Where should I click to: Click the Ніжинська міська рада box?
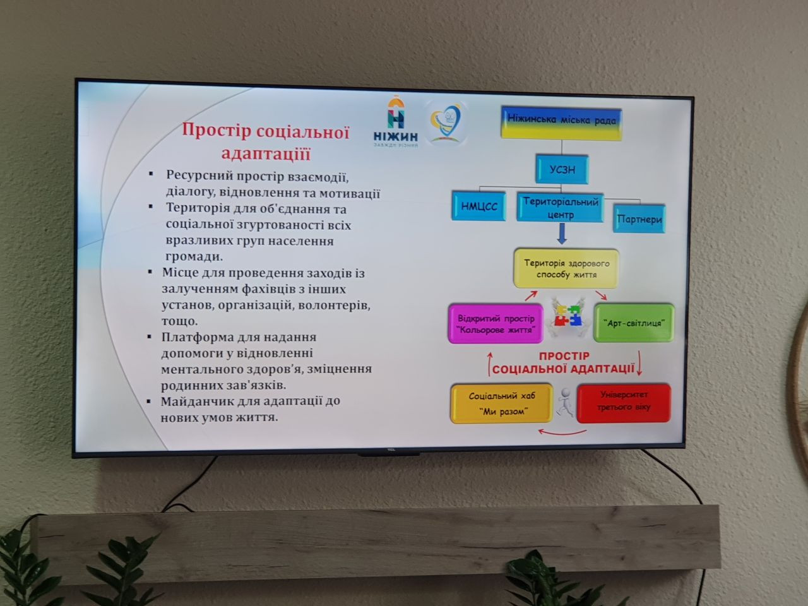561,122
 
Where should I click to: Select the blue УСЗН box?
562,169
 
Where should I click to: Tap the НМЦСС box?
479,206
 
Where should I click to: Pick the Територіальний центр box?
560,208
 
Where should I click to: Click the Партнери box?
639,219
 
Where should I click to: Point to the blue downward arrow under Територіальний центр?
561,235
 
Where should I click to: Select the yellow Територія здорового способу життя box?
566,268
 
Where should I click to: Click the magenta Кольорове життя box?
496,324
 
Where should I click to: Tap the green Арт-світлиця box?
634,323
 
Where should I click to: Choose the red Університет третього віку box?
624,401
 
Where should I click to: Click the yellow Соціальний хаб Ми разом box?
501,403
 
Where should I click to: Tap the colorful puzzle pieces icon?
567,315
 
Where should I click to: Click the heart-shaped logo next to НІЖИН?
446,121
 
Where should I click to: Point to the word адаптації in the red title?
266,153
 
